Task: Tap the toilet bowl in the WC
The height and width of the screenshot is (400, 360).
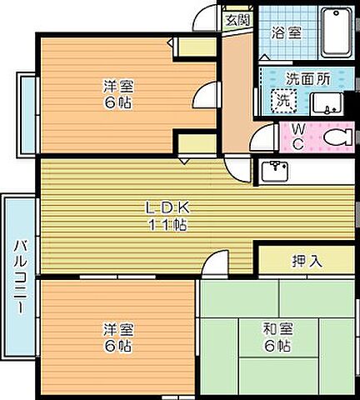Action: click(x=337, y=137)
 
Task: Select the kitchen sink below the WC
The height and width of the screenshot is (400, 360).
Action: click(x=275, y=171)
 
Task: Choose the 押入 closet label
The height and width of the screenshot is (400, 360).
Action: click(x=304, y=261)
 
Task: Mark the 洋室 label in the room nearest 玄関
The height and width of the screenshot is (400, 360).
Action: click(x=117, y=86)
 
